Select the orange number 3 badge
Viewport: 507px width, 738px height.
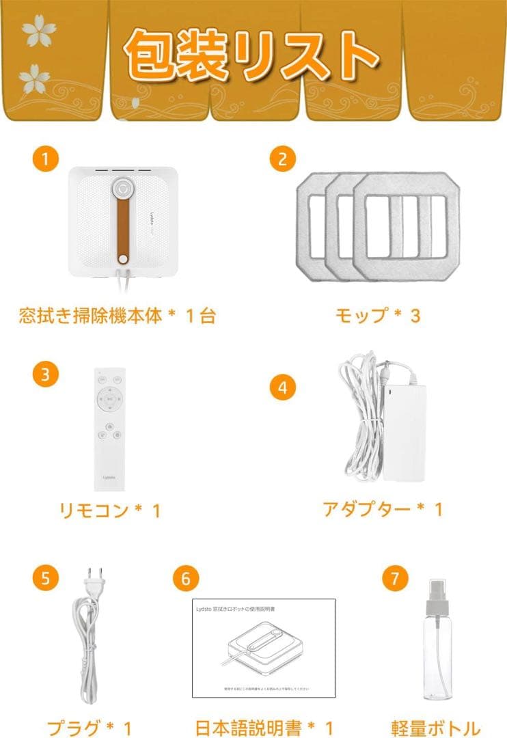[x=45, y=374]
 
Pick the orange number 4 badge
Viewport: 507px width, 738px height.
[x=282, y=388]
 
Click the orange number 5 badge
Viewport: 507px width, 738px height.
[x=45, y=578]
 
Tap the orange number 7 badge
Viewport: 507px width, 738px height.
[x=394, y=578]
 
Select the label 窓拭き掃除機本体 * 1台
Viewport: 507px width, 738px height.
[x=116, y=316]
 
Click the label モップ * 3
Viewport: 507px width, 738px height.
[x=377, y=316]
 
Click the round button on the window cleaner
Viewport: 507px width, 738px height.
[x=122, y=188]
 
